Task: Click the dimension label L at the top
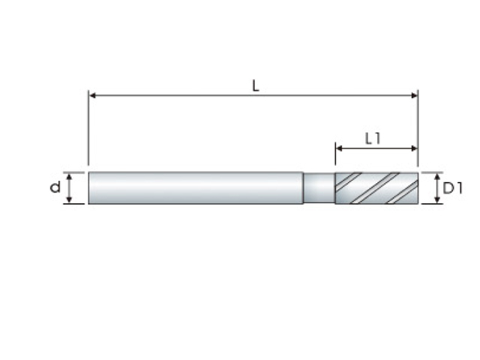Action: point(256,86)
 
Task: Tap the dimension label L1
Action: point(373,139)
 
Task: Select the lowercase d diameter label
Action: point(55,187)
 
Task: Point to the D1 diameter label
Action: point(453,188)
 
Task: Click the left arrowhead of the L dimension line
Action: point(92,95)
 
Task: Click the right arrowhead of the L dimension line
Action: point(415,95)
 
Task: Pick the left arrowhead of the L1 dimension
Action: point(339,148)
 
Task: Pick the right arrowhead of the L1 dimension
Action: point(415,148)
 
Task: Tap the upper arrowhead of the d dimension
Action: point(69,176)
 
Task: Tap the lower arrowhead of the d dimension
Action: point(69,199)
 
